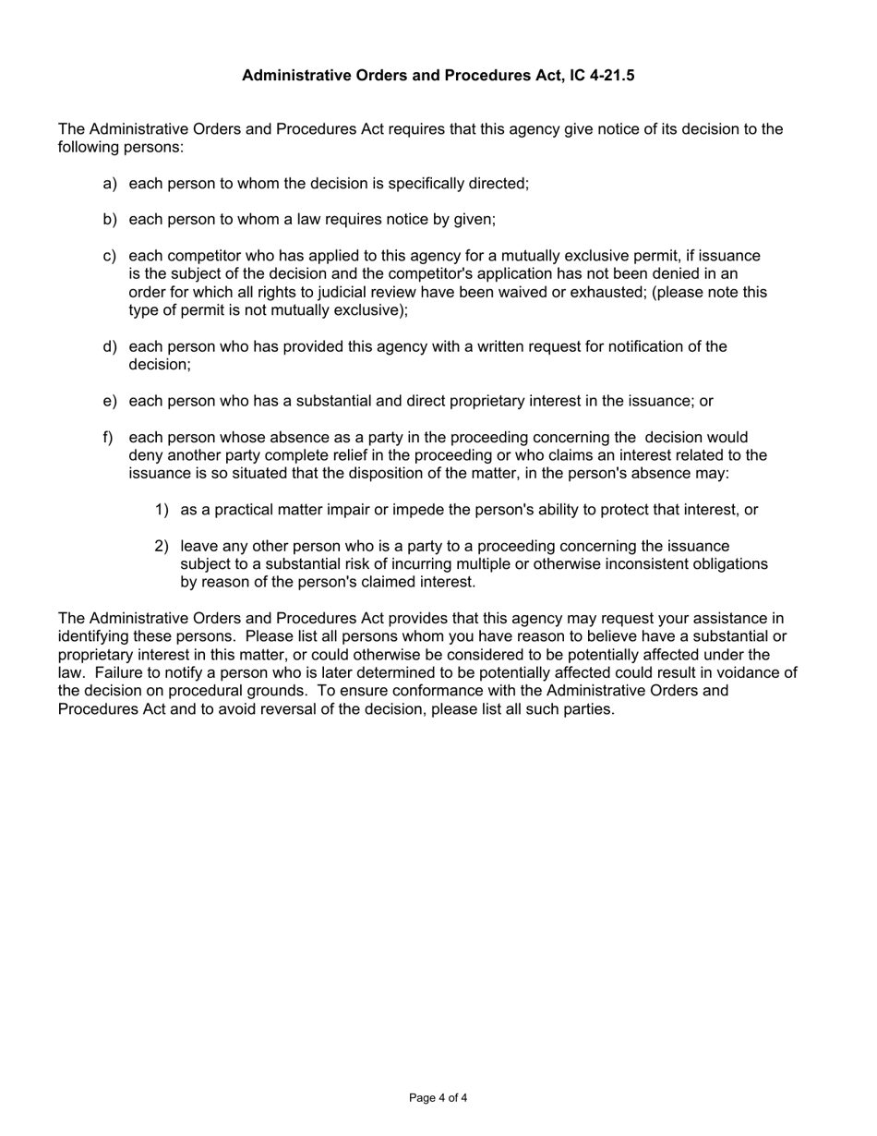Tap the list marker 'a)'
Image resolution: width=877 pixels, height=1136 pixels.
click(x=110, y=183)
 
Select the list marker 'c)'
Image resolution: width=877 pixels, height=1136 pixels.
click(x=110, y=256)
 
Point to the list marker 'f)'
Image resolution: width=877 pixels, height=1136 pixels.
click(x=108, y=437)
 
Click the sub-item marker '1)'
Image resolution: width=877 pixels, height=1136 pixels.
click(x=162, y=510)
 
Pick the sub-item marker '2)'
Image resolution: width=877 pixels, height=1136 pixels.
click(x=162, y=546)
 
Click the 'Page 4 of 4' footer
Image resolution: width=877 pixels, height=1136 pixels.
click(x=438, y=1098)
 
